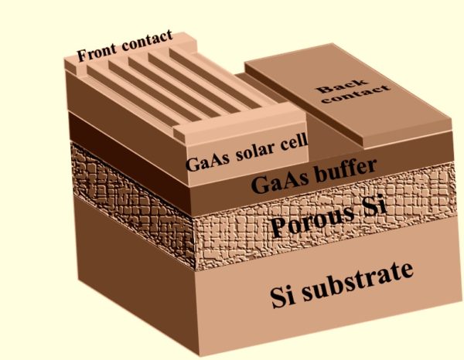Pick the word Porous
(309, 220)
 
